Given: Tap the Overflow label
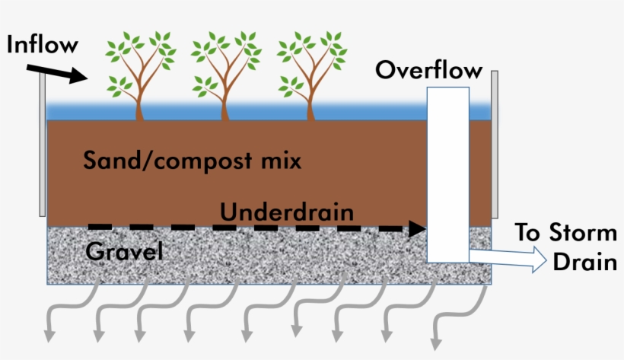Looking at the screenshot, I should [428, 71].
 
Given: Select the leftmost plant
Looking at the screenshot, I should [140, 73].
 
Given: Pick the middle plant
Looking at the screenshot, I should [225, 73].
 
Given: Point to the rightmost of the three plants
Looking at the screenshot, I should [310, 73].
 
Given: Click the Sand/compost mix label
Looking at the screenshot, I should [192, 161].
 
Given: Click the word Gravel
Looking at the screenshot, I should [125, 250].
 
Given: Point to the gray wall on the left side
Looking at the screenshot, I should [43, 145].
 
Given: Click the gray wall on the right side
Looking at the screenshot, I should [495, 145].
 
